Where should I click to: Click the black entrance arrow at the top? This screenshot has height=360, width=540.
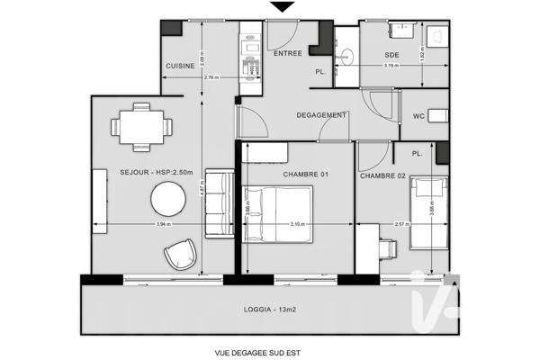283,7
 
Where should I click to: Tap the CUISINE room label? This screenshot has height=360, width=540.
180,67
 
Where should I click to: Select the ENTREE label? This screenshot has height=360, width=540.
287,54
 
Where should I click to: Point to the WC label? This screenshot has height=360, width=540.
418,116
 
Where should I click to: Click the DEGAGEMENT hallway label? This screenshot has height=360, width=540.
321,115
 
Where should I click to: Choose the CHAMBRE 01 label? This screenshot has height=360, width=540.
305,175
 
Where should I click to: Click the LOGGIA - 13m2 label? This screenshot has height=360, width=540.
269,310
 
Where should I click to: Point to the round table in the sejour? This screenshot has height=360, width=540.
168,197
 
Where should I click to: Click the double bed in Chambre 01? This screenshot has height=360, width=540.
277,213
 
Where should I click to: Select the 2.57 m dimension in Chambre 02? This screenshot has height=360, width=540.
402,224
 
